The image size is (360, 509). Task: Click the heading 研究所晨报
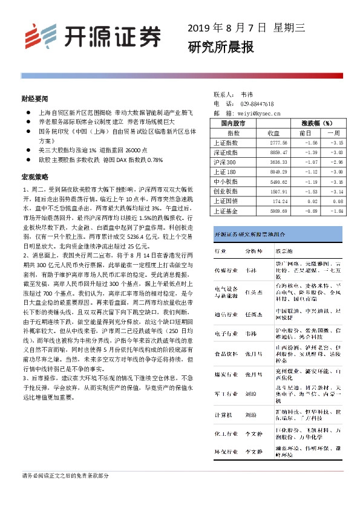(220, 47)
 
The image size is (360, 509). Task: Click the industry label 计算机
(221, 414)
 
